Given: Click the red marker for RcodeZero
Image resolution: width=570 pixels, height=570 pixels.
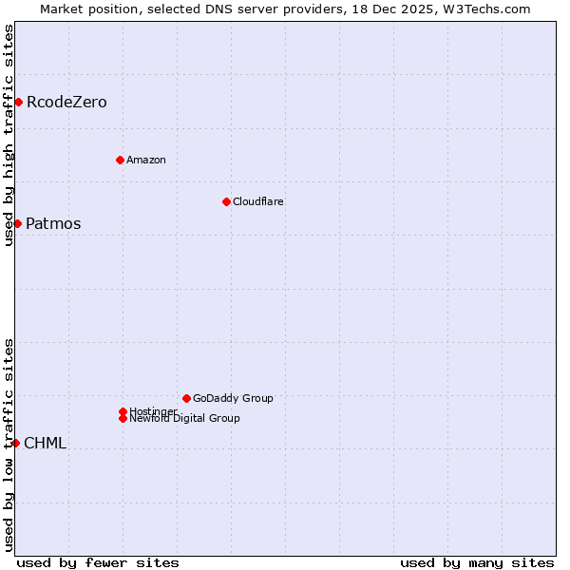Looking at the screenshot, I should coord(18,102).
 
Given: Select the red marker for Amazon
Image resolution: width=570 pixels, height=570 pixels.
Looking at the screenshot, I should coord(120,160).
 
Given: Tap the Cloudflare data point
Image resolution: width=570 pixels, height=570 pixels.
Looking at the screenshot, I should coord(226,201).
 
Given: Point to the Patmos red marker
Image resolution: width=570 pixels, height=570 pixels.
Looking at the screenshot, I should coord(17,223).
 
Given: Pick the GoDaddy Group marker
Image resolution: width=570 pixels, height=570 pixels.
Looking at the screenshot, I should coord(186,398).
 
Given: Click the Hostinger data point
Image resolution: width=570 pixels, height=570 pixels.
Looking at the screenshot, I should coord(123,411).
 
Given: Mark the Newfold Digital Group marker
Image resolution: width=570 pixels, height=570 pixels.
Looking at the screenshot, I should coord(123,419).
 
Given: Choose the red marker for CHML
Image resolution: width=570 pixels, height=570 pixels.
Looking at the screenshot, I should coord(15,443).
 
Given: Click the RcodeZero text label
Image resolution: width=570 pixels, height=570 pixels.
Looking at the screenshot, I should coord(66,102).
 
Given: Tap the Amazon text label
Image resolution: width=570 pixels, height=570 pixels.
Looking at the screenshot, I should coord(145,160).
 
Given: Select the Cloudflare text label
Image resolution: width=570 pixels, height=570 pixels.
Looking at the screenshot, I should coord(257,201).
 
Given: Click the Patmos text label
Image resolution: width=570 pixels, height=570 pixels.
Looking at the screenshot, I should coord(53,224).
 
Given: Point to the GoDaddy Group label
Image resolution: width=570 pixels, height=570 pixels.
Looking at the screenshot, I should coord(233,398).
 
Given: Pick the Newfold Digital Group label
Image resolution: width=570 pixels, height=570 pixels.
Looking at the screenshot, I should coord(184,419).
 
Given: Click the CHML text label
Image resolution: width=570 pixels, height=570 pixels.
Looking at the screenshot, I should coord(45,443).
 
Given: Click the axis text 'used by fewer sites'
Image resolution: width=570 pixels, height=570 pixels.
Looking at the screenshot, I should coord(98,563).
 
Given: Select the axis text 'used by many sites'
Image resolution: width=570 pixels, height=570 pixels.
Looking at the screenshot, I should coord(477,563).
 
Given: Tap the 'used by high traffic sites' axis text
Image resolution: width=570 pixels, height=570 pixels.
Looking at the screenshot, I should coord(9,135).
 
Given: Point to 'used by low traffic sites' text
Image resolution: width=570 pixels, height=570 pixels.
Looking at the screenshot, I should coord(9,445).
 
